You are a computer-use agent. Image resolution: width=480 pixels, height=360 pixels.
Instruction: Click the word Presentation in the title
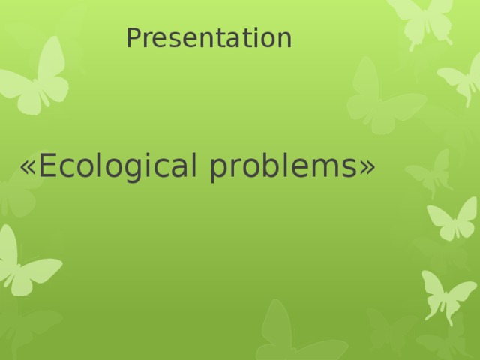click(x=208, y=38)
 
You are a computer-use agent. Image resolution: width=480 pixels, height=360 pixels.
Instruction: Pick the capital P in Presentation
click(x=133, y=38)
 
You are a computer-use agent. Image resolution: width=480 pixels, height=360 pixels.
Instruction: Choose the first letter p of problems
click(x=220, y=170)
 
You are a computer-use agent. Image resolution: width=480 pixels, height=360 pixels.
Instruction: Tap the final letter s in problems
click(x=349, y=168)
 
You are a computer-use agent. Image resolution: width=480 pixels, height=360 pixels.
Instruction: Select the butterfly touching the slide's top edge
click(x=424, y=19)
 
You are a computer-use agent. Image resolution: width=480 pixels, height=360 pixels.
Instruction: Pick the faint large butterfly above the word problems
click(x=379, y=97)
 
